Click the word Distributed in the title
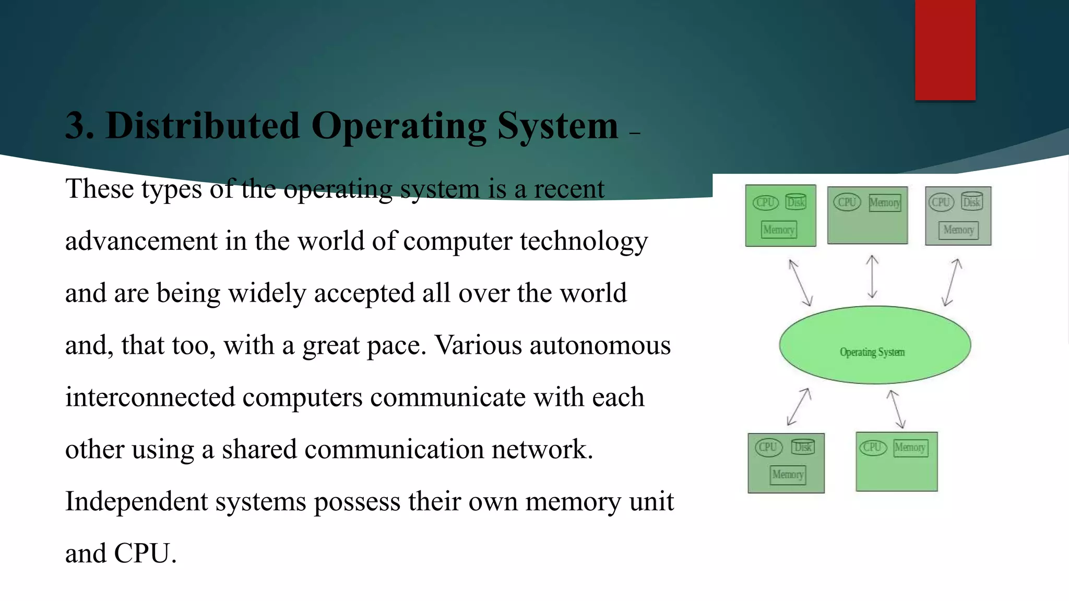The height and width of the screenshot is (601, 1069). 203,126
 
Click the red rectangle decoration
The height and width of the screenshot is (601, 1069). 945,50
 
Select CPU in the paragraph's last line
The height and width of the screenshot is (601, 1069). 142,554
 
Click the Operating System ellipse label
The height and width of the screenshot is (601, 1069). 872,352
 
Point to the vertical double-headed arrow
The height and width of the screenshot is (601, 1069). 872,277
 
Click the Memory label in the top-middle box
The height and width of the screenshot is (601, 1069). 885,202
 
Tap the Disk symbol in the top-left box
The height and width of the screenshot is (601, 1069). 795,202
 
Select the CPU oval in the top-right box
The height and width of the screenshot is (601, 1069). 941,202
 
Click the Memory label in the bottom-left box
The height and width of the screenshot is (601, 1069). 788,474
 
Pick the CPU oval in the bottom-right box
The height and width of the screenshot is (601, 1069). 872,447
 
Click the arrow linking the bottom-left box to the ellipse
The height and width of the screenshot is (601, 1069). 798,407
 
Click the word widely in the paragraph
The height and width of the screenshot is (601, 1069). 267,294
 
